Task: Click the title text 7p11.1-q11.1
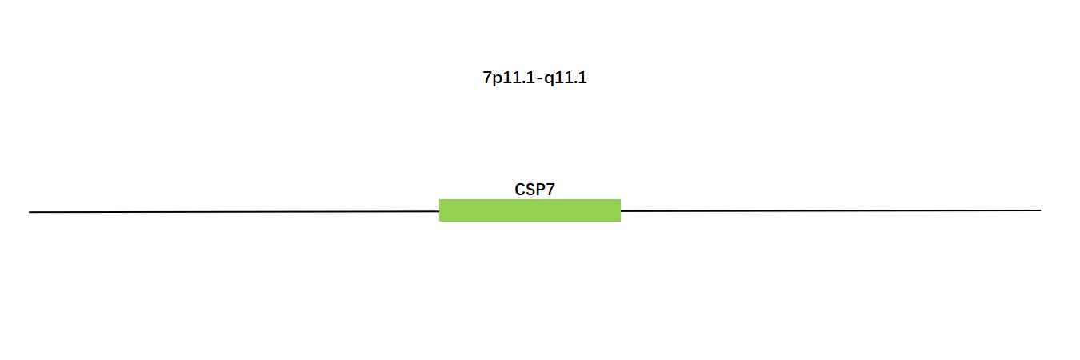[x=534, y=78]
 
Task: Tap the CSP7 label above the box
[x=534, y=190]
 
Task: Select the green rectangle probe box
[x=530, y=210]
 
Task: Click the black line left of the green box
[x=234, y=211]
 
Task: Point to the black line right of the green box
[x=830, y=210]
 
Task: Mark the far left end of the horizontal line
[x=29, y=212]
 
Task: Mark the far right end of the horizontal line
[x=1041, y=210]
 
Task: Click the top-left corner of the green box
[x=439, y=199]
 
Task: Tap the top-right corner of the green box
[x=621, y=199]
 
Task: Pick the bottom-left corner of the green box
[x=439, y=222]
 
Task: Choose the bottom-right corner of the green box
[x=621, y=222]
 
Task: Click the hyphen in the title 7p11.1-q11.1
[x=540, y=78]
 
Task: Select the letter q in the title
[x=549, y=80]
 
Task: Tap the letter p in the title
[x=497, y=80]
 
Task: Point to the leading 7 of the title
[x=487, y=77]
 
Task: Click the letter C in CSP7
[x=520, y=190]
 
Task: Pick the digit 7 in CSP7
[x=550, y=190]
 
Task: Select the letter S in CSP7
[x=530, y=190]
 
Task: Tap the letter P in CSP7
[x=541, y=190]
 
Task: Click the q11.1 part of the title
[x=566, y=78]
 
